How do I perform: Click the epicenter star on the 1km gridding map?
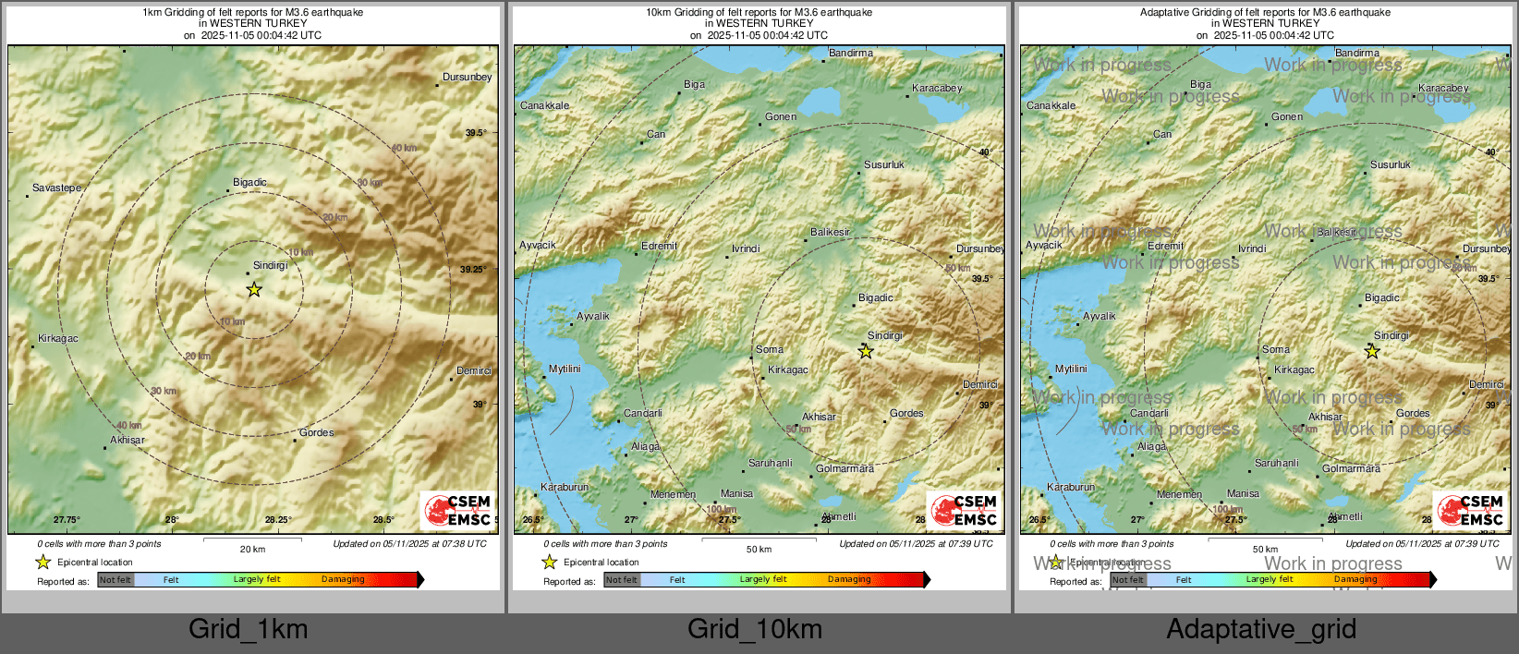coord(254,290)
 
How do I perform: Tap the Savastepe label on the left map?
coord(56,188)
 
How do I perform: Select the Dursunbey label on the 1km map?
coord(467,77)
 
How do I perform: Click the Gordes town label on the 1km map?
coord(316,432)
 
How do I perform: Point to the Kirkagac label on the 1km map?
coord(58,338)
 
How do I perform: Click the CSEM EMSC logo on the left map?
coord(458,510)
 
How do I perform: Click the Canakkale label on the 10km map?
coord(544,105)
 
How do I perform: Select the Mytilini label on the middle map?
coord(565,369)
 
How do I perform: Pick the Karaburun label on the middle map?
coord(564,487)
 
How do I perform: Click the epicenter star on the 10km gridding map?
coord(866,352)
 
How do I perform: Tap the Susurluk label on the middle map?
coord(884,164)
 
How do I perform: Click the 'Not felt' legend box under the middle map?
coord(622,580)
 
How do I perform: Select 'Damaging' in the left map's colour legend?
coord(343,579)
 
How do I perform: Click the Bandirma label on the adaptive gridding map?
coord(1356,53)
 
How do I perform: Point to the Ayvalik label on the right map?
coord(1099,316)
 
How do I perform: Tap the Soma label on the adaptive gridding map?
coord(1275,349)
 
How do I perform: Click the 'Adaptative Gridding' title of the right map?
coord(1265,12)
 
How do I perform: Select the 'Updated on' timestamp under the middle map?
coord(916,543)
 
